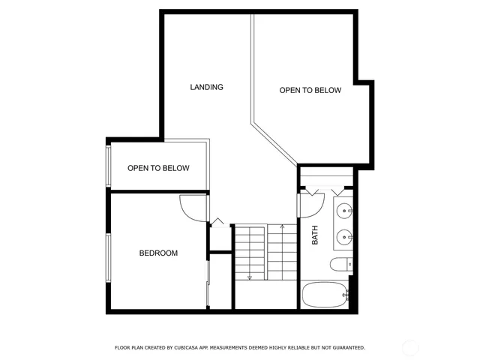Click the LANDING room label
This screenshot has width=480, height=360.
point(206,87)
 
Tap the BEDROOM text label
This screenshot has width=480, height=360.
point(158,253)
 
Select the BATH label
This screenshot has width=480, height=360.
point(315,235)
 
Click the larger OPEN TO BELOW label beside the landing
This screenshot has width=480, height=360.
point(310,91)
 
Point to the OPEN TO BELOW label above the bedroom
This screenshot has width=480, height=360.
point(157,168)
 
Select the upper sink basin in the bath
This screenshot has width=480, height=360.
point(344,209)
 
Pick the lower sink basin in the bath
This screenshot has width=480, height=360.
point(344,236)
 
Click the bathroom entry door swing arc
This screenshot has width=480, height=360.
point(308,205)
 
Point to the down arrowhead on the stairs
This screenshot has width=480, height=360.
point(250,278)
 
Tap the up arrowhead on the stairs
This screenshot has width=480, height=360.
point(281,225)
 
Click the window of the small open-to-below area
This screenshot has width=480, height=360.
point(109,166)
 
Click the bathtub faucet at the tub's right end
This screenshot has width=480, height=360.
point(345,295)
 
